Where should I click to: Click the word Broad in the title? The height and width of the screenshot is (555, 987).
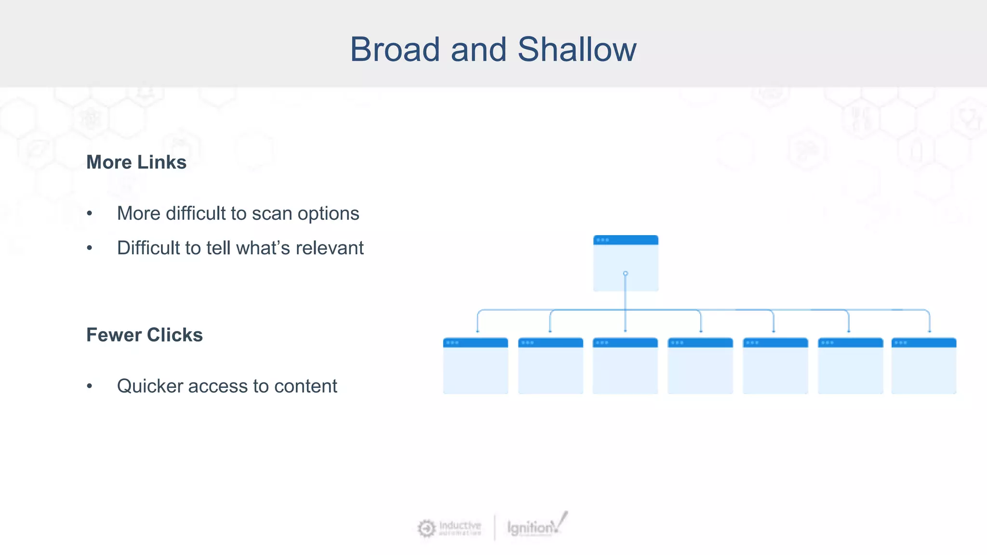[394, 50]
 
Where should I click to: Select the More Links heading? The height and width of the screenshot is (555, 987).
[136, 162]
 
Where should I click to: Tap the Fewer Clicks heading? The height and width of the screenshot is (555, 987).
[144, 335]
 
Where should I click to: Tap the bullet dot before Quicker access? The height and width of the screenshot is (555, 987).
[89, 386]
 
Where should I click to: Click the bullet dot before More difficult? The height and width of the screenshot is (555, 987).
[89, 213]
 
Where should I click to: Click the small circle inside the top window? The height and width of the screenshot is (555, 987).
[626, 274]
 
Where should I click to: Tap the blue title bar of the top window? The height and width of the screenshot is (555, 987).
[626, 240]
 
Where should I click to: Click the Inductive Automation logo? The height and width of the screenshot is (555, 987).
[449, 528]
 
